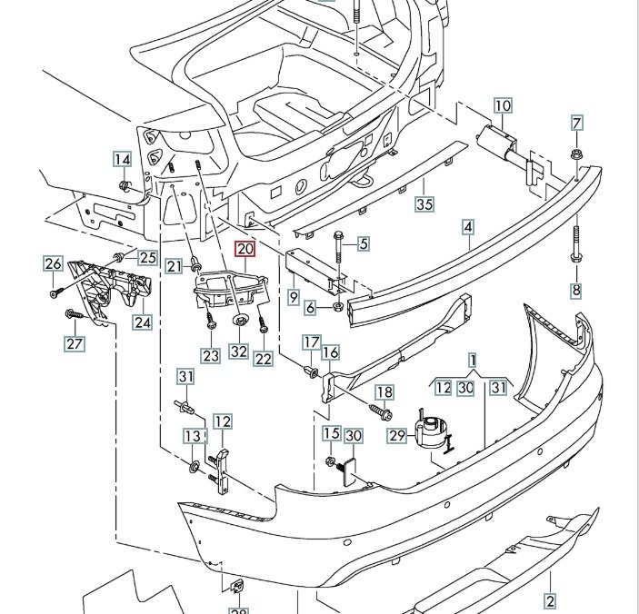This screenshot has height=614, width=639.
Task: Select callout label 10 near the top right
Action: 503,106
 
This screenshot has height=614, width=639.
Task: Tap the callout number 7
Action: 577,124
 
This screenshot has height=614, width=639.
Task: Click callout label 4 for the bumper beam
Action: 468,227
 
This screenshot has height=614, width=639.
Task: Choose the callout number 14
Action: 122,161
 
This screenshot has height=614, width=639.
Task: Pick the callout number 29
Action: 396,436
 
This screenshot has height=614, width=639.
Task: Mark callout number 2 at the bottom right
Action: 549,600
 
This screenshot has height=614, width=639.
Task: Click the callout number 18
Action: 384,392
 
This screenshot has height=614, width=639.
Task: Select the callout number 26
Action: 53,264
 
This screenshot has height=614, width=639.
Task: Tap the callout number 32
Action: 238,352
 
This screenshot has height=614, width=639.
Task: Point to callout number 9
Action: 293,296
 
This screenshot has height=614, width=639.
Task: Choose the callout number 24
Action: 142,322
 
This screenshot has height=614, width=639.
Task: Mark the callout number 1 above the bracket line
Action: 473,361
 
